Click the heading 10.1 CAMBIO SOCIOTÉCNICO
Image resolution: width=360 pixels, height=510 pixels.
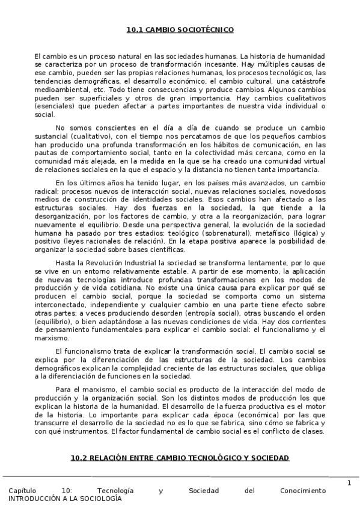[x=180, y=29]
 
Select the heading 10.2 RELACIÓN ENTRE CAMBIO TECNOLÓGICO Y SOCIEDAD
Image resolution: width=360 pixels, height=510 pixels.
[x=180, y=458]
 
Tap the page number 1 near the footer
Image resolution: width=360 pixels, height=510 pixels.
[x=349, y=483]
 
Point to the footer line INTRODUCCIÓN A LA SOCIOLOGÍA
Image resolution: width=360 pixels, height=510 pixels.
[x=65, y=499]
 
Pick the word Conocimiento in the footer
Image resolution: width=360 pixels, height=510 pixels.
[x=303, y=491]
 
